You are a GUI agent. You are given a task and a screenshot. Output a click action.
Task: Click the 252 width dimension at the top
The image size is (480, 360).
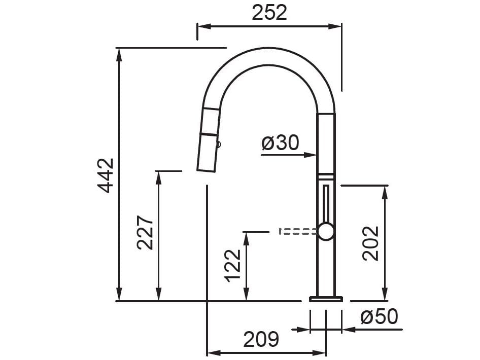(x=269, y=13)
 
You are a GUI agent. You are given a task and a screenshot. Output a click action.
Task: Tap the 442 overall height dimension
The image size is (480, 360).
(x=106, y=175)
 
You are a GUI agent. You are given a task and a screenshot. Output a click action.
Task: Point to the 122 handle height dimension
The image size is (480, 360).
(x=233, y=265)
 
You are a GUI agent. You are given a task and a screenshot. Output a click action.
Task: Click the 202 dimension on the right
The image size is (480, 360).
(x=371, y=243)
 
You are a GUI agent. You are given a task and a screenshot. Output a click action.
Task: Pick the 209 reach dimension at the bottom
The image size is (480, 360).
(x=261, y=339)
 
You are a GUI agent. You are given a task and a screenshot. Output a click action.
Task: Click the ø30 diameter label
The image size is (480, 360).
(x=280, y=143)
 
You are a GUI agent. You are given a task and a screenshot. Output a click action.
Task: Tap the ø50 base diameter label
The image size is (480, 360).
(x=379, y=317)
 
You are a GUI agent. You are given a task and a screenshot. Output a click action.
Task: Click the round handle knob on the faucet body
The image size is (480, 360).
(x=325, y=231)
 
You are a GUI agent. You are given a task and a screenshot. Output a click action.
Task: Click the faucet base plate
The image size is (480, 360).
(x=326, y=299)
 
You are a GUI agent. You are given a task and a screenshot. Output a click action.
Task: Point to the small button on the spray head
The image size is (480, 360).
(x=219, y=144)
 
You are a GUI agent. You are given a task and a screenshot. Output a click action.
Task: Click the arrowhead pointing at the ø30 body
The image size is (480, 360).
(x=312, y=155)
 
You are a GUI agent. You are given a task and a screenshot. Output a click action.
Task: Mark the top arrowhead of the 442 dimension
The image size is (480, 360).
(x=119, y=53)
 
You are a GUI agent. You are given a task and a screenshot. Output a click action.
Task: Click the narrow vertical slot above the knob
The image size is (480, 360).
(x=325, y=203)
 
